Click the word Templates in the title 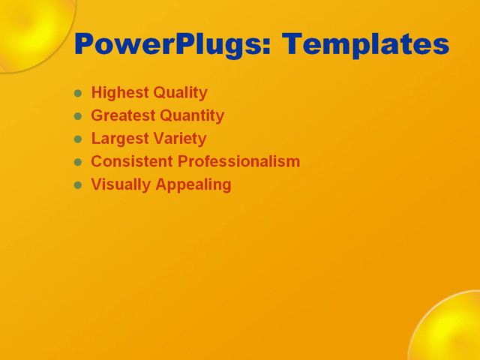click(x=366, y=45)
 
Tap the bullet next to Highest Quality click(x=78, y=93)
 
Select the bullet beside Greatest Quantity click(x=78, y=116)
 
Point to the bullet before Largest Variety click(x=78, y=139)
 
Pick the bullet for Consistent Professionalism click(x=78, y=162)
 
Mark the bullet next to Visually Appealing click(x=78, y=184)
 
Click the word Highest click(x=119, y=93)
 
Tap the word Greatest click(x=121, y=115)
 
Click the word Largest click(x=118, y=139)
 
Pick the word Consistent click(x=131, y=161)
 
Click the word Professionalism click(x=238, y=161)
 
